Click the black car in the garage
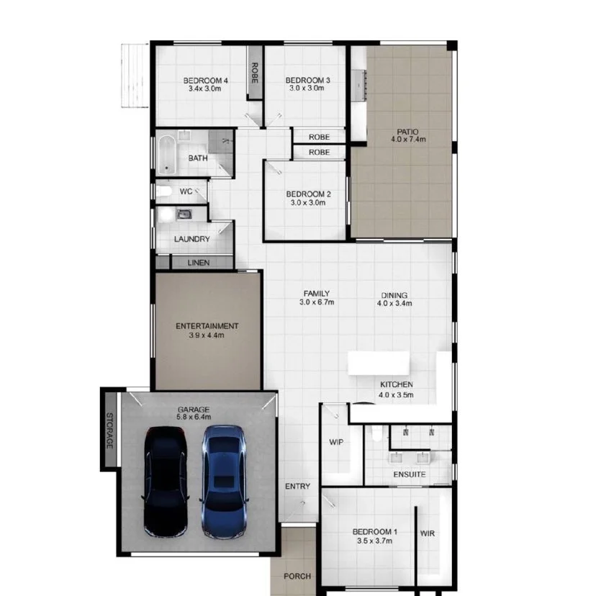(x=166, y=481)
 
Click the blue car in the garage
(x=224, y=481)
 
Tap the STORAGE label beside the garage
(x=110, y=430)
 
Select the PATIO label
(x=407, y=132)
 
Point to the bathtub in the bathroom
(x=167, y=155)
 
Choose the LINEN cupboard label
(x=198, y=263)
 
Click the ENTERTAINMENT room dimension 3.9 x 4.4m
(x=207, y=335)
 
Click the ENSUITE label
(x=409, y=475)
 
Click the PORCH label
(x=297, y=576)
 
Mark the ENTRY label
(x=297, y=487)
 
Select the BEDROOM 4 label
(x=205, y=80)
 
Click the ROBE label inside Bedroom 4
(x=254, y=73)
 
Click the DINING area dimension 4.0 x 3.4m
(x=394, y=304)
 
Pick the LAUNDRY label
(x=192, y=239)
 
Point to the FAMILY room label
(x=316, y=293)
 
